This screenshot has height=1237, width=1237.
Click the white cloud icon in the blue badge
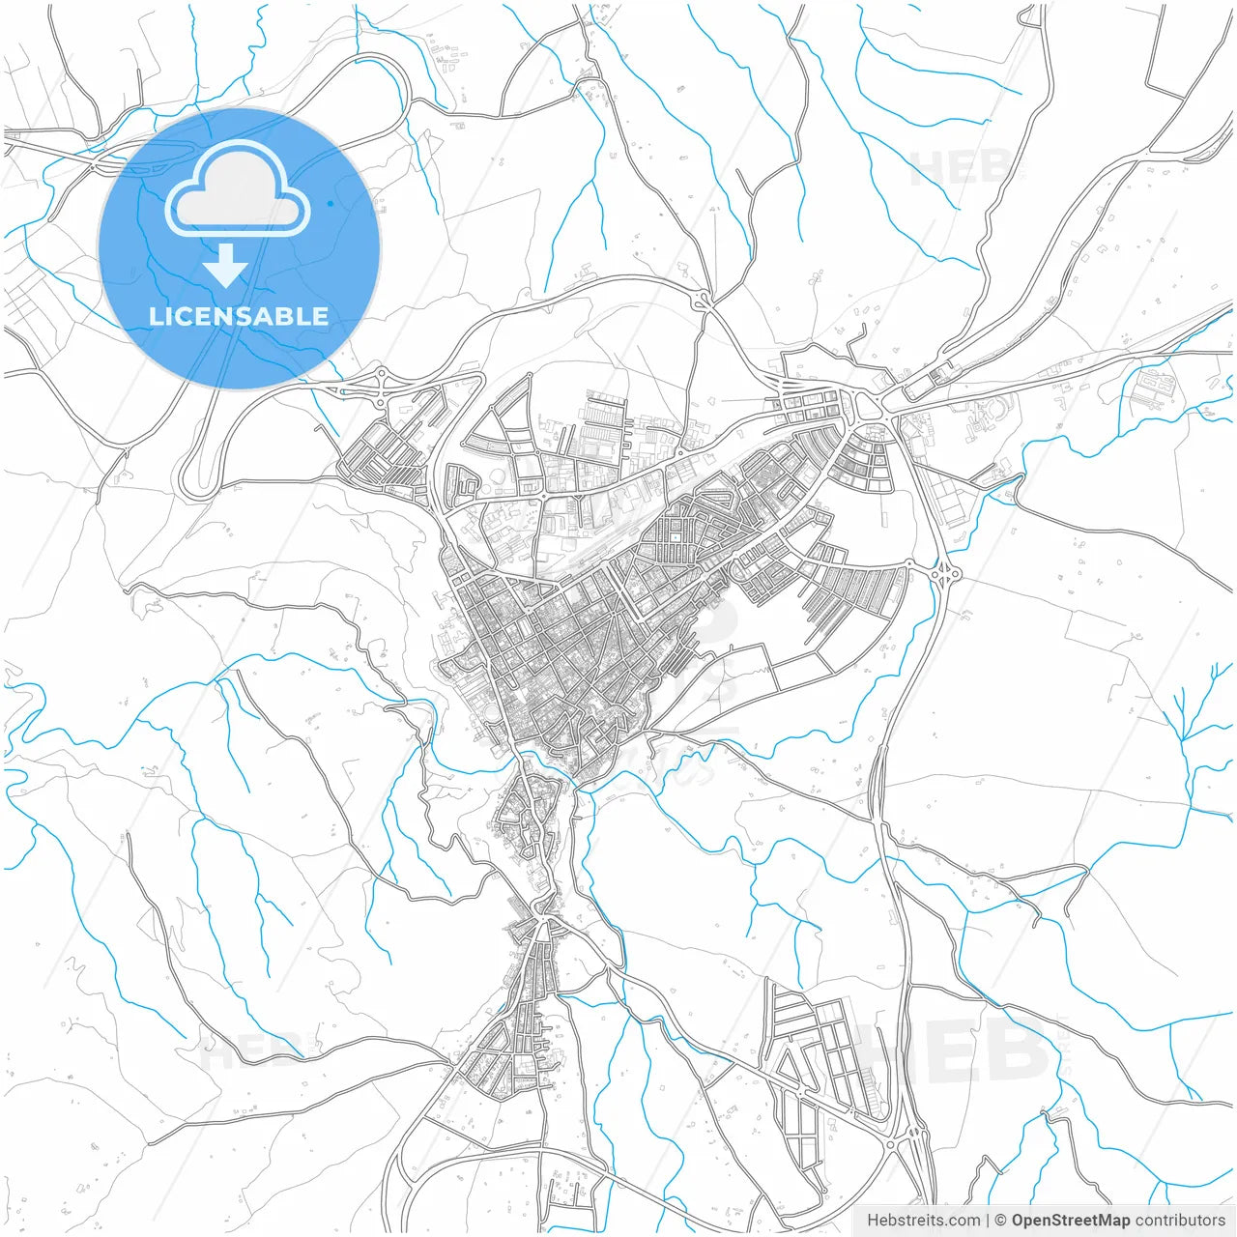pyautogui.click(x=238, y=188)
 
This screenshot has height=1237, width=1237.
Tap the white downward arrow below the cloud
pyautogui.click(x=227, y=266)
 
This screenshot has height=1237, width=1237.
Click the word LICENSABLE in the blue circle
pyautogui.click(x=239, y=316)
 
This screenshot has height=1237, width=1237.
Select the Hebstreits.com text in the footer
pyautogui.click(x=923, y=1221)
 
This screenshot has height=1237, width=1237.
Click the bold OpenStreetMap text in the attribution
pyautogui.click(x=1070, y=1221)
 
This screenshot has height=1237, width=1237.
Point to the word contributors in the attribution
pyautogui.click(x=1179, y=1221)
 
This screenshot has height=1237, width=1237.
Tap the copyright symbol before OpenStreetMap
pyautogui.click(x=1001, y=1221)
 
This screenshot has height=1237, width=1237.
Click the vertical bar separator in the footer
pyautogui.click(x=988, y=1221)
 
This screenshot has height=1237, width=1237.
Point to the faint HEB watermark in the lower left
pyautogui.click(x=251, y=1049)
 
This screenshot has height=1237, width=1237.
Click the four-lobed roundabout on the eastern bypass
pyautogui.click(x=944, y=574)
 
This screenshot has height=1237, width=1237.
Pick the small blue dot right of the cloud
pyautogui.click(x=331, y=204)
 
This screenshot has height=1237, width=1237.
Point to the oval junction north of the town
pyautogui.click(x=704, y=300)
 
